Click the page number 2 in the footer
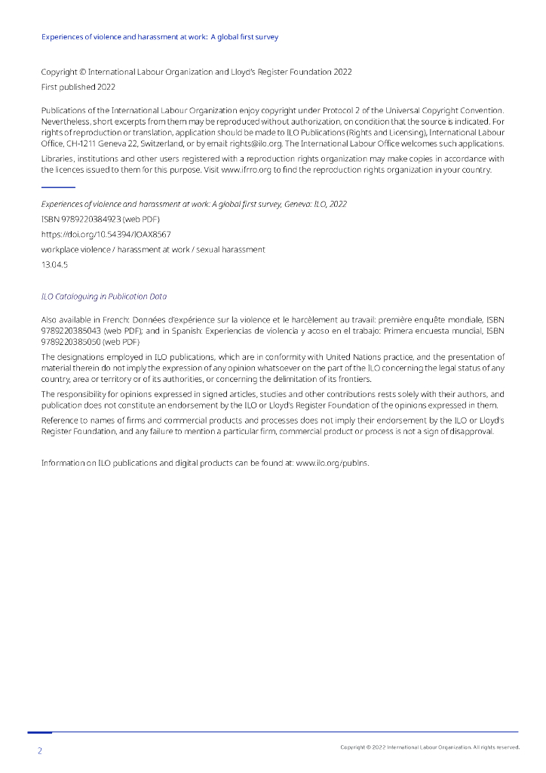pos(40,751)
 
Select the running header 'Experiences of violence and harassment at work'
pos(160,36)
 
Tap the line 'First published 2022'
pos(78,87)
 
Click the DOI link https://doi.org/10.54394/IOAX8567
pos(106,234)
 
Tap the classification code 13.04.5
pos(54,264)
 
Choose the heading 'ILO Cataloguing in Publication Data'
pos(103,297)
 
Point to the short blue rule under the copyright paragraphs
pos(58,186)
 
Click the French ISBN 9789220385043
pos(71,330)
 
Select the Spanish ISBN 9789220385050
pos(71,341)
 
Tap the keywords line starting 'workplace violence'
pos(153,249)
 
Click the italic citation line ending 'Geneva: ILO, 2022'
pos(194,204)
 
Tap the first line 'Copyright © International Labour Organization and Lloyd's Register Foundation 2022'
pos(196,72)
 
